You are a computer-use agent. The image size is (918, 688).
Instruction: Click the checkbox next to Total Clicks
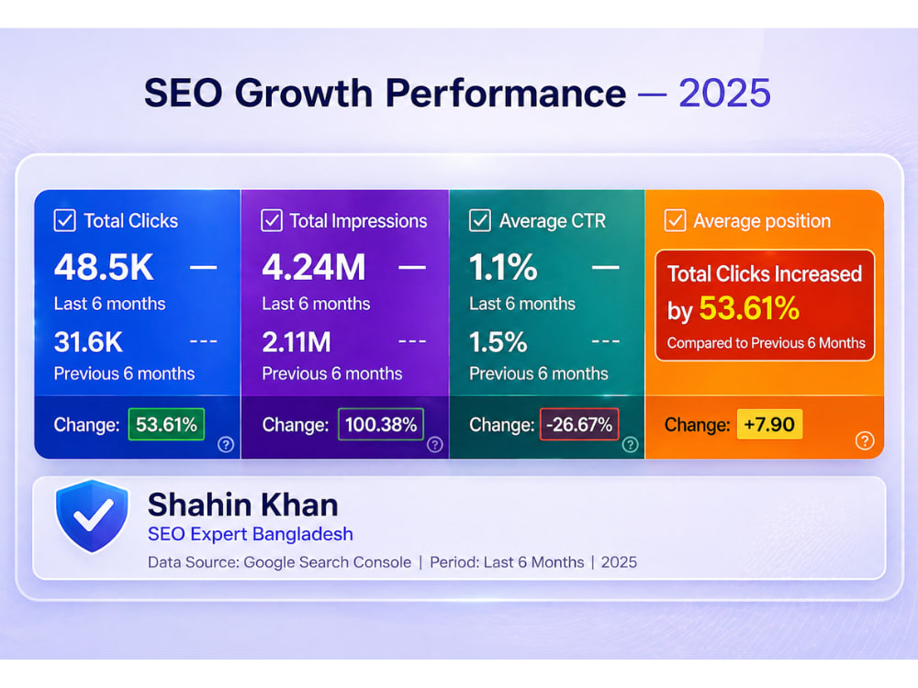[x=64, y=220]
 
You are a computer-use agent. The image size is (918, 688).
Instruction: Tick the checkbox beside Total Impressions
[x=272, y=220]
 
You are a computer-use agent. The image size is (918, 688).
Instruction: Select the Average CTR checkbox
[x=480, y=220]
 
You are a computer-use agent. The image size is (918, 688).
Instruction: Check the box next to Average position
[x=675, y=220]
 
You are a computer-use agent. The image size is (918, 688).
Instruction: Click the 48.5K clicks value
[x=104, y=267]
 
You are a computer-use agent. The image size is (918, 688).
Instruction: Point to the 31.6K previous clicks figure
[x=88, y=342]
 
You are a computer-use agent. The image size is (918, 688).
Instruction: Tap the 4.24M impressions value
[x=314, y=267]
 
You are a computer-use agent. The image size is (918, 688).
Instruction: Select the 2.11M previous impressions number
[x=297, y=342]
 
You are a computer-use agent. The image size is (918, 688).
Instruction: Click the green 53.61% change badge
[x=166, y=424]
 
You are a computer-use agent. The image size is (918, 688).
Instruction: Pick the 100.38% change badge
[x=381, y=424]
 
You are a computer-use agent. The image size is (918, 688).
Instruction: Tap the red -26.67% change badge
[x=579, y=424]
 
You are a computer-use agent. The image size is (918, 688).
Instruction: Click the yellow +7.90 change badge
[x=769, y=424]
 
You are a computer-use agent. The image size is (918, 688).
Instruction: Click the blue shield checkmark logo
[x=92, y=516]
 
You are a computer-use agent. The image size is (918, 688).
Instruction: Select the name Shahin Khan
[x=243, y=505]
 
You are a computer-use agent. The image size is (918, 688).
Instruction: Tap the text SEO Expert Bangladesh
[x=251, y=534]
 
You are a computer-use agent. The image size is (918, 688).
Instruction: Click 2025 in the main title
[x=725, y=93]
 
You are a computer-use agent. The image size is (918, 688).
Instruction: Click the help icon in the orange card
[x=865, y=440]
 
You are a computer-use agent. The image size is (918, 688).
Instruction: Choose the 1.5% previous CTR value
[x=498, y=342]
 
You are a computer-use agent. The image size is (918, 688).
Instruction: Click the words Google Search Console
[x=328, y=562]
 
